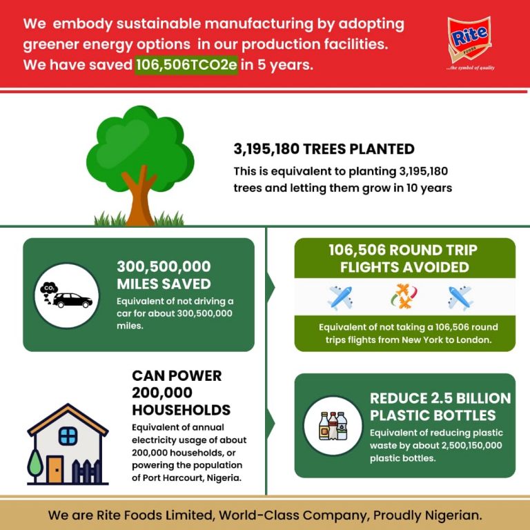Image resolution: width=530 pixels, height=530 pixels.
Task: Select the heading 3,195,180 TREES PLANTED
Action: coord(324,149)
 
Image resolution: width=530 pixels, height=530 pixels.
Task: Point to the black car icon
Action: coord(72,301)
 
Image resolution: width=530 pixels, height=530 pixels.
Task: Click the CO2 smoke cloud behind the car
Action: coord(49,288)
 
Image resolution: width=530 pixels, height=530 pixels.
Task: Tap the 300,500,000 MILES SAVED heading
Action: coord(164,275)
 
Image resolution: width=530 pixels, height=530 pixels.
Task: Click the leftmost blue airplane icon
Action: coord(340,298)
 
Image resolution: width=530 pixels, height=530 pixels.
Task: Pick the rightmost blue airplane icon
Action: coord(460,298)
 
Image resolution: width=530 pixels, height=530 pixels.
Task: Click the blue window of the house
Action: coord(68,435)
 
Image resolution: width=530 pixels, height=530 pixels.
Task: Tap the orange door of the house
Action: coord(55,469)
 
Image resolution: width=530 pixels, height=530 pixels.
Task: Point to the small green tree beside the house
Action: coord(35,461)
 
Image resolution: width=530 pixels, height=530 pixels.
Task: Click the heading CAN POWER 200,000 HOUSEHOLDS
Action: coord(181,393)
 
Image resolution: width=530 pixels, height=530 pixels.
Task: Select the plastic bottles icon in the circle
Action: coord(333,426)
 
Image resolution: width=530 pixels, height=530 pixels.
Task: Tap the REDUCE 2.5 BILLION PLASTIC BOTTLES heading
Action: coord(440,406)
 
